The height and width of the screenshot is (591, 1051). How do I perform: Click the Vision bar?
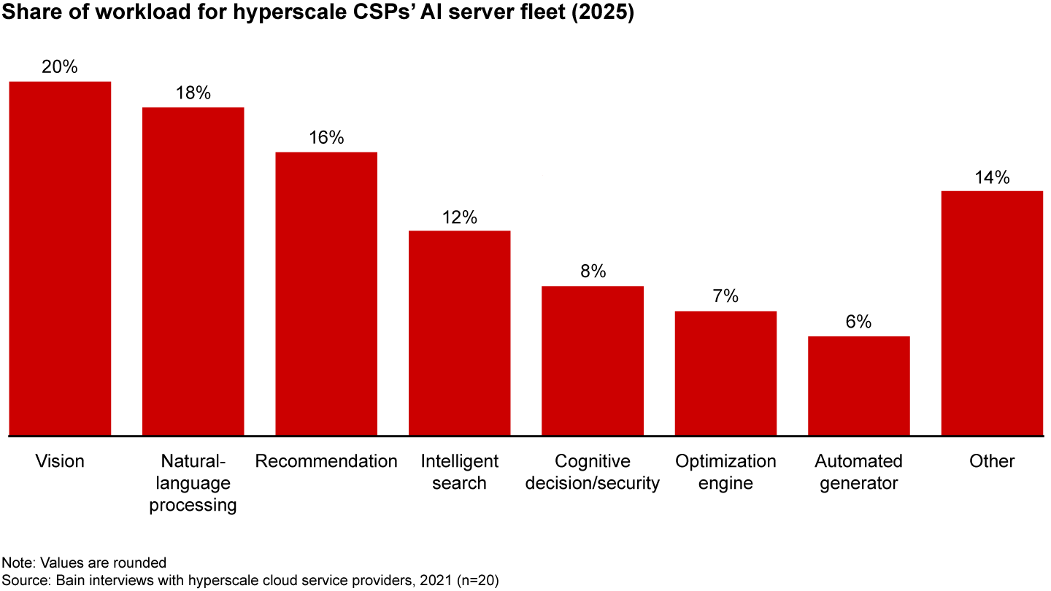[60, 258]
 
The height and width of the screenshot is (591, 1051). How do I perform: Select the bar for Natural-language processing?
[193, 271]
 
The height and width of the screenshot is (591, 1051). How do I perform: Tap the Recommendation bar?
[326, 293]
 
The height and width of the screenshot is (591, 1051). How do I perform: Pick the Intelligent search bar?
[459, 333]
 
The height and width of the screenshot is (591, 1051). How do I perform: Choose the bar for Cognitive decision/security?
[593, 360]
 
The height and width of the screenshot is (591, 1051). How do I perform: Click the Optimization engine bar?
[725, 373]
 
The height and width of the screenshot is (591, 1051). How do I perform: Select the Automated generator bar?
[858, 385]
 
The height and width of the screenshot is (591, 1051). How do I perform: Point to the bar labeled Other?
[992, 313]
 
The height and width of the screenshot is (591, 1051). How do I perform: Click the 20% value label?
[60, 67]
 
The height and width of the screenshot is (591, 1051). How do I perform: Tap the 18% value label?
[193, 93]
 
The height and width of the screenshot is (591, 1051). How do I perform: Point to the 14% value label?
[992, 177]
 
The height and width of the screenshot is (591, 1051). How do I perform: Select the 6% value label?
[858, 322]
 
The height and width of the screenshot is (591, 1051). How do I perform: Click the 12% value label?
[459, 217]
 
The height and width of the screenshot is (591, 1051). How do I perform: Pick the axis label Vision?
[60, 461]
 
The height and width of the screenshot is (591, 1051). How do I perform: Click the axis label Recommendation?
[326, 461]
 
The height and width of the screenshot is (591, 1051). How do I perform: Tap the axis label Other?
[992, 461]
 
